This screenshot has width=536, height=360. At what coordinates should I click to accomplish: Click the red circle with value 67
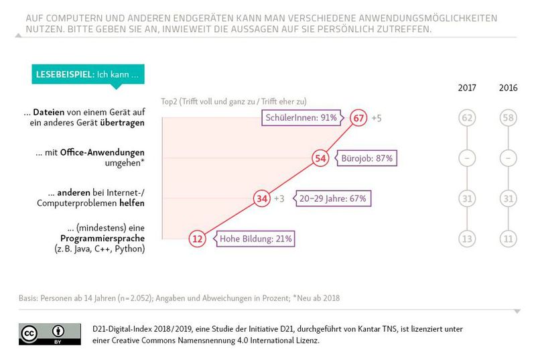(360, 118)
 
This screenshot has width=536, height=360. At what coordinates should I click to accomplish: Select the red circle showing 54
(320, 158)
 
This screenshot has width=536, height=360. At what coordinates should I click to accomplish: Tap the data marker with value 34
(262, 198)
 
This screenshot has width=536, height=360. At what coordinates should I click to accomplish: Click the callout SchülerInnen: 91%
(305, 118)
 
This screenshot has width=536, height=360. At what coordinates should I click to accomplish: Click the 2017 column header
(468, 88)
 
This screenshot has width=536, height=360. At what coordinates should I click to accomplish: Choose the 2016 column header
(509, 88)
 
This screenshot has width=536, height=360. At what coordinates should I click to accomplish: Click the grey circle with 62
(468, 118)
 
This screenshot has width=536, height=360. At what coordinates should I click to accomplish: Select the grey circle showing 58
(509, 118)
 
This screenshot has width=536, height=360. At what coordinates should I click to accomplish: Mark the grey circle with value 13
(468, 238)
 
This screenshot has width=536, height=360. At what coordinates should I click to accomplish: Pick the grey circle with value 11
(509, 238)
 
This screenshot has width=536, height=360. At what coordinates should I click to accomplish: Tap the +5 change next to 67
(377, 118)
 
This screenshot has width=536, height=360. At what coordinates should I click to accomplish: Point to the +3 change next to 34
(280, 198)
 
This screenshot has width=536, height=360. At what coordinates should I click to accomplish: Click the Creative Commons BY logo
(50, 334)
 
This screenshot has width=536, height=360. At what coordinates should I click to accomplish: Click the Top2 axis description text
(234, 101)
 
